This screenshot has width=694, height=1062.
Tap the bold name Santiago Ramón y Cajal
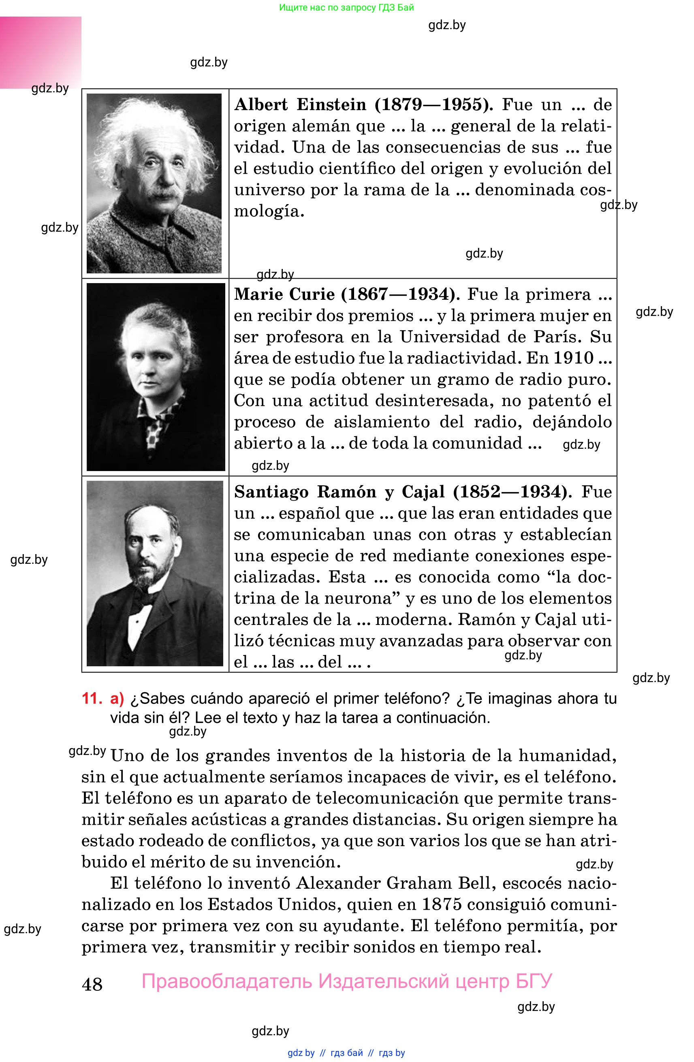(x=339, y=492)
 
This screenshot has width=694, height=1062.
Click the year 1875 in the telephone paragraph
(x=441, y=904)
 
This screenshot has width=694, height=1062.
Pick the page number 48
(x=92, y=984)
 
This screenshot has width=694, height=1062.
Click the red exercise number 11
(x=92, y=698)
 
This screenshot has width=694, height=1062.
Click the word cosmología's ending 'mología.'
(x=269, y=211)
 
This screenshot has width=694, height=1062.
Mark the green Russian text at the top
(x=346, y=7)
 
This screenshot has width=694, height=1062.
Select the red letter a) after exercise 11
(x=117, y=698)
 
